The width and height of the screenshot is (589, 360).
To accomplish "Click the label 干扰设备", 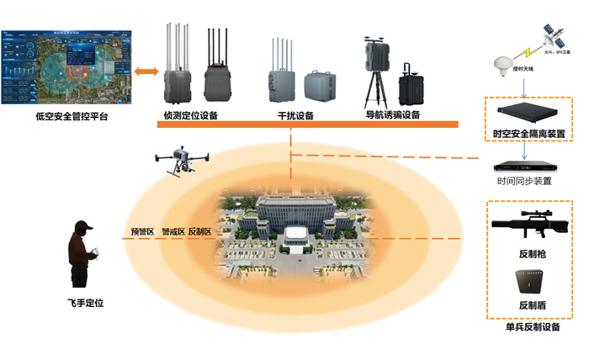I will coord(295,115).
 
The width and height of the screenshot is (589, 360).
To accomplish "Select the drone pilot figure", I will coord(85,252).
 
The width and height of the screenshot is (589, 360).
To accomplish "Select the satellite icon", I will coord(555,35).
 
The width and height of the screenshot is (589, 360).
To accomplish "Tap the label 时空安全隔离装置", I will coord(528,133).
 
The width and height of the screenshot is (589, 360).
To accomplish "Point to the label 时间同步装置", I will coord(524,181).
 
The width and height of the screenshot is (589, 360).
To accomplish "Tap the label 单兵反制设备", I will coord(533,327).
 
